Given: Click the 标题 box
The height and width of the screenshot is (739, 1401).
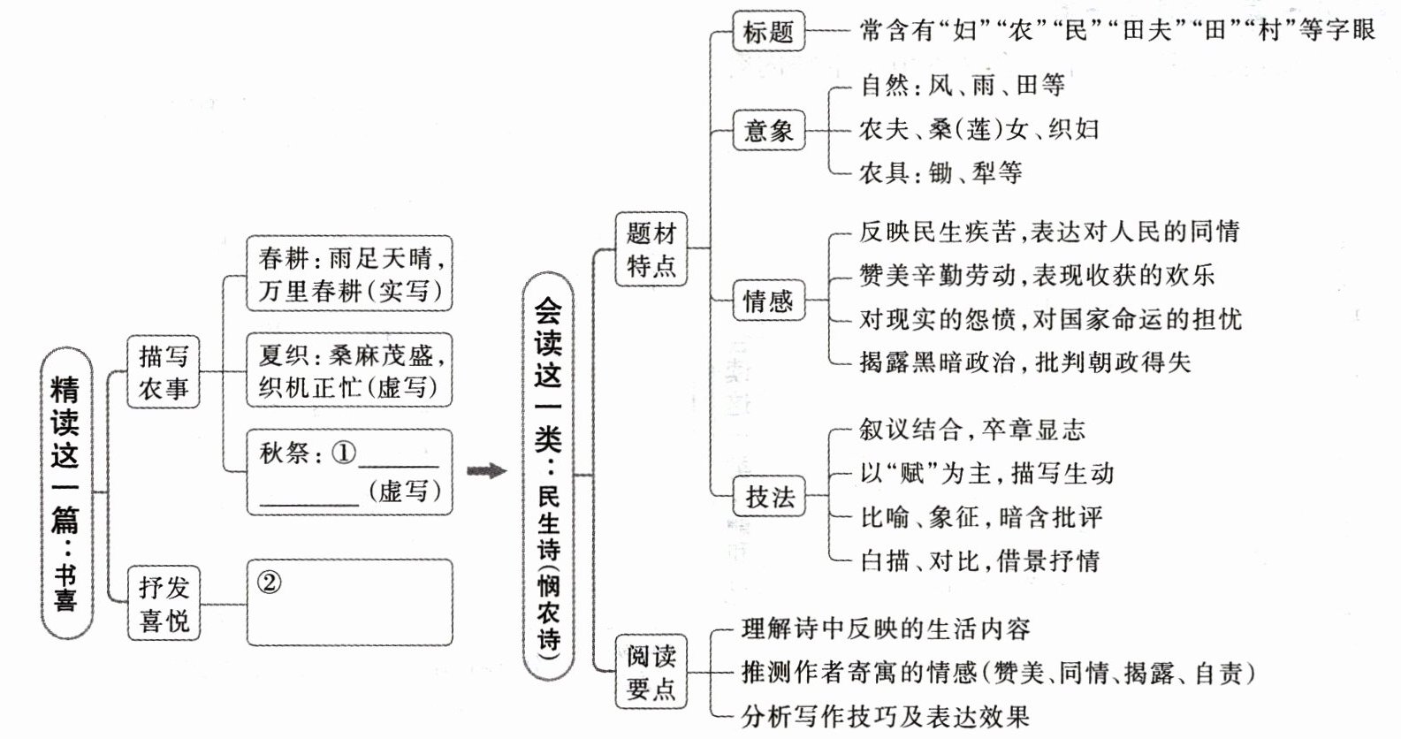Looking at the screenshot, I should pyautogui.click(x=768, y=32).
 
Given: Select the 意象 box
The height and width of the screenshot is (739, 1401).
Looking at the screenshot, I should pyautogui.click(x=768, y=131).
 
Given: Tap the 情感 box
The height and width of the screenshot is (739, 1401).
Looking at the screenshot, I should pyautogui.click(x=768, y=301).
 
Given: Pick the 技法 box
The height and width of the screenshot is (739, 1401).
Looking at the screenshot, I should pyautogui.click(x=769, y=497).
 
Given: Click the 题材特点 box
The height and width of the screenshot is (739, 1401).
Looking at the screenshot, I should pyautogui.click(x=651, y=249).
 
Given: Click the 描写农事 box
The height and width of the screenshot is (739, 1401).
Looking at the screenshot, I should pyautogui.click(x=164, y=371).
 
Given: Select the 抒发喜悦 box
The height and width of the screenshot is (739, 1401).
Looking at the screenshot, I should pyautogui.click(x=164, y=603).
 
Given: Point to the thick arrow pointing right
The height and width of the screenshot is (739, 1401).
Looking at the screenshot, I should pyautogui.click(x=487, y=471).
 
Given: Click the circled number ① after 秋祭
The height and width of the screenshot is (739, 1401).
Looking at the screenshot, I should pyautogui.click(x=344, y=453).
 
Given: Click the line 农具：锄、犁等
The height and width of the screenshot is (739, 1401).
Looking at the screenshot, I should pyautogui.click(x=940, y=172).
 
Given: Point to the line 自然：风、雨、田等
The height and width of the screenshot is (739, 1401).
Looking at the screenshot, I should pyautogui.click(x=962, y=85).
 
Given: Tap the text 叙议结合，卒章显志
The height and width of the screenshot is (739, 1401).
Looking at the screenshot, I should pyautogui.click(x=971, y=430).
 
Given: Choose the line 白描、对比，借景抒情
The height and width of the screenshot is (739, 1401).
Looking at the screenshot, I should pyautogui.click(x=979, y=560).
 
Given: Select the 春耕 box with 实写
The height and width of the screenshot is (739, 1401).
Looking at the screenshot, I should pyautogui.click(x=350, y=273).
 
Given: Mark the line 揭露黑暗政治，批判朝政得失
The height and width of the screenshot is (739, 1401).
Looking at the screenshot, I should pyautogui.click(x=1024, y=362).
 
